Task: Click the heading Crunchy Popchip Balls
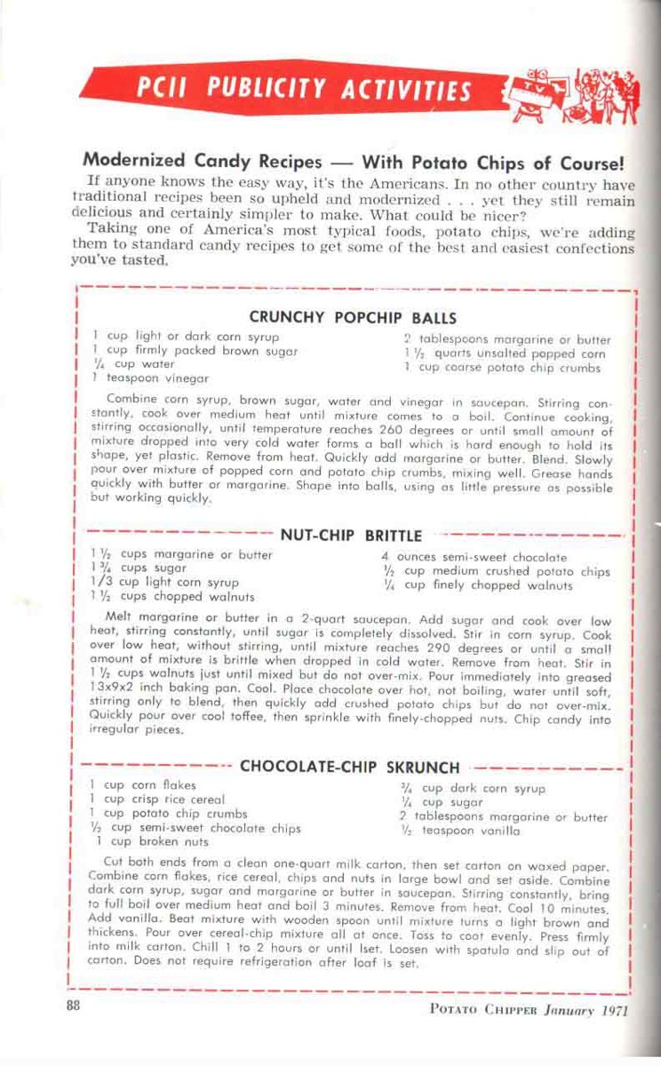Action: [x=353, y=317]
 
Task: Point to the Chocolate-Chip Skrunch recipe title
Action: [x=350, y=766]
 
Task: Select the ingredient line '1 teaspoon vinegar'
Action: [x=151, y=377]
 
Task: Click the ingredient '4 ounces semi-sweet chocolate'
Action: [x=473, y=557]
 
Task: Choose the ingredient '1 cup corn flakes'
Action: [x=143, y=785]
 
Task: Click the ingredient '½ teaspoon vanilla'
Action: [x=460, y=831]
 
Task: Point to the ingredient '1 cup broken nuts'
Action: [x=151, y=841]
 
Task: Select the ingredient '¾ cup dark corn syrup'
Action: [x=471, y=788]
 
